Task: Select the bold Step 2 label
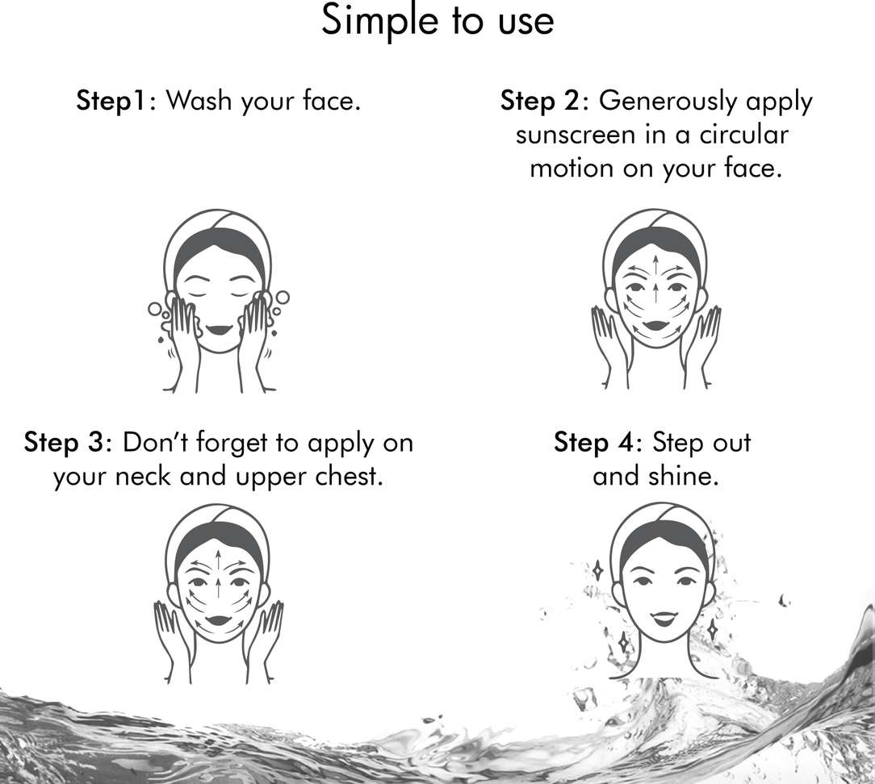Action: click(541, 101)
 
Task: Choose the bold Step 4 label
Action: click(594, 443)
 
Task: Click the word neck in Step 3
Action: click(142, 477)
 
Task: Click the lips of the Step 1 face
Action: click(218, 329)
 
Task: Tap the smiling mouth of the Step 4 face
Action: click(663, 619)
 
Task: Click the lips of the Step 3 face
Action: click(218, 620)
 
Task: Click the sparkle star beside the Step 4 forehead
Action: click(597, 570)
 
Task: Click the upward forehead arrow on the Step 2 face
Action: click(655, 267)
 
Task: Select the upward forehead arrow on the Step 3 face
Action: click(218, 560)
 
